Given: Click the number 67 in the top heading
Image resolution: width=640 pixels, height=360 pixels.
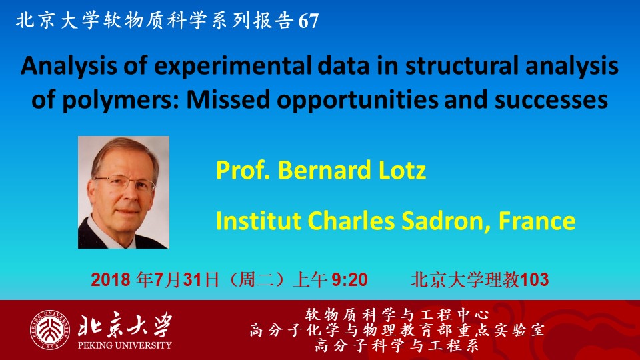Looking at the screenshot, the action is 309,21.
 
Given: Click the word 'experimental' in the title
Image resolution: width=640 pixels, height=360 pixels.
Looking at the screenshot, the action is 233,66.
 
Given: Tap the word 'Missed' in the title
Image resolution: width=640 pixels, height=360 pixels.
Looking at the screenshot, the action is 228,99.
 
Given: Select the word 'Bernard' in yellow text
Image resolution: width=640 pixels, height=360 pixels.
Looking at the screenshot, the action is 324,170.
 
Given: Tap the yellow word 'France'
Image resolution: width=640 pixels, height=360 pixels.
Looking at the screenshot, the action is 537,221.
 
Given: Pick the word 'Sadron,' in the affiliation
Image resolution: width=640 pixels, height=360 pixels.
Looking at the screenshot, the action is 446,221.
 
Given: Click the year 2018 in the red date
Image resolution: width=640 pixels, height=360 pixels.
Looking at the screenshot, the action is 110,280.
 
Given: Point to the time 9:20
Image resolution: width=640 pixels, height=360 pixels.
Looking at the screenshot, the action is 349,280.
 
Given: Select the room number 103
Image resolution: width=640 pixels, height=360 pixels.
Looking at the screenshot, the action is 534,280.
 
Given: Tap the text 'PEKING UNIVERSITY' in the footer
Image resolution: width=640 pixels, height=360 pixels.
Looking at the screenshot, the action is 125,345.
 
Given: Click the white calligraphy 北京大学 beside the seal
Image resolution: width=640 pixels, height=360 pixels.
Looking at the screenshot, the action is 125,325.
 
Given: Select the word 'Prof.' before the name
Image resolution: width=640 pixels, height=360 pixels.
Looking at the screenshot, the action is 243,170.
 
